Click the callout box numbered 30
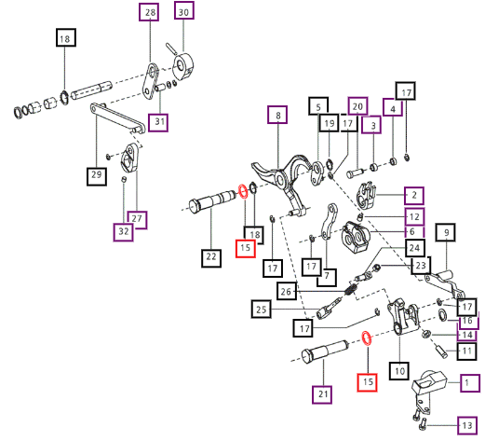tap(184, 11)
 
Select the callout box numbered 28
tap(149, 12)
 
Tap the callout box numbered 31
tap(158, 122)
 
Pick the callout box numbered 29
tap(97, 176)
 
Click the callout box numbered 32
tap(124, 232)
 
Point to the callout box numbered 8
tap(277, 115)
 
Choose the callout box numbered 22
tap(211, 258)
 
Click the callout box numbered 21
tap(322, 394)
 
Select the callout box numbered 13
tap(467, 425)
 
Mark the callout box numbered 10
tap(399, 371)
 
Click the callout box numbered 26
tap(286, 291)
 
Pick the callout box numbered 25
tap(261, 310)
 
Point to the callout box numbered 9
tap(446, 232)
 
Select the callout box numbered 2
tap(414, 196)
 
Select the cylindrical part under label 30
tap(182, 66)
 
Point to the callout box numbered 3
tap(371, 125)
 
